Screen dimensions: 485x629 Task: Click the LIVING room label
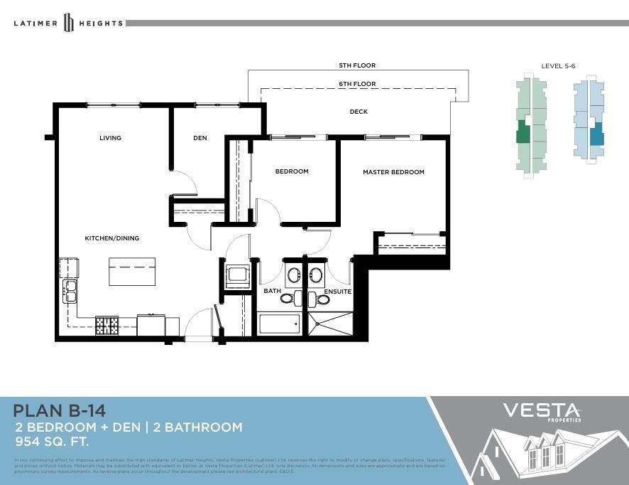[x=110, y=138]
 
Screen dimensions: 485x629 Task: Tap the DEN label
[x=200, y=138]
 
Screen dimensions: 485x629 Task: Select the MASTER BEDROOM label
[x=393, y=172]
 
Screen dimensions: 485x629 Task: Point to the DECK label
[x=359, y=112]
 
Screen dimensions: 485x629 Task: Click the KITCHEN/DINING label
[x=112, y=238]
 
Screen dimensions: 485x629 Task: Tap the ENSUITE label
[x=338, y=292]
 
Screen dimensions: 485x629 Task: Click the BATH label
[x=273, y=292]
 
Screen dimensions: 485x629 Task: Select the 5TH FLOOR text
[x=357, y=65]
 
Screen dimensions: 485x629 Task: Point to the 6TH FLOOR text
[x=357, y=84]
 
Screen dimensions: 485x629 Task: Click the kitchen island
[x=132, y=272]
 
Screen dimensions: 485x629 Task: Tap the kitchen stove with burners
[x=107, y=326]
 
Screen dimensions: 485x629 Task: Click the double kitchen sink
[x=70, y=291]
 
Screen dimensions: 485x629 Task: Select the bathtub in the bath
[x=280, y=324]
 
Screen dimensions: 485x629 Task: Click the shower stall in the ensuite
[x=330, y=324]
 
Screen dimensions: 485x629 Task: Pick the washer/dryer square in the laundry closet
[x=236, y=275]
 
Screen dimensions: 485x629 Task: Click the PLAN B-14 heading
[x=60, y=410]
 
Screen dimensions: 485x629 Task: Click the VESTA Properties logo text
[x=542, y=412]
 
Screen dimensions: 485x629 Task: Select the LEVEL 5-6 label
[x=558, y=66]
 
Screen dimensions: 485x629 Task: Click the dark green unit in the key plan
[x=523, y=132]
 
